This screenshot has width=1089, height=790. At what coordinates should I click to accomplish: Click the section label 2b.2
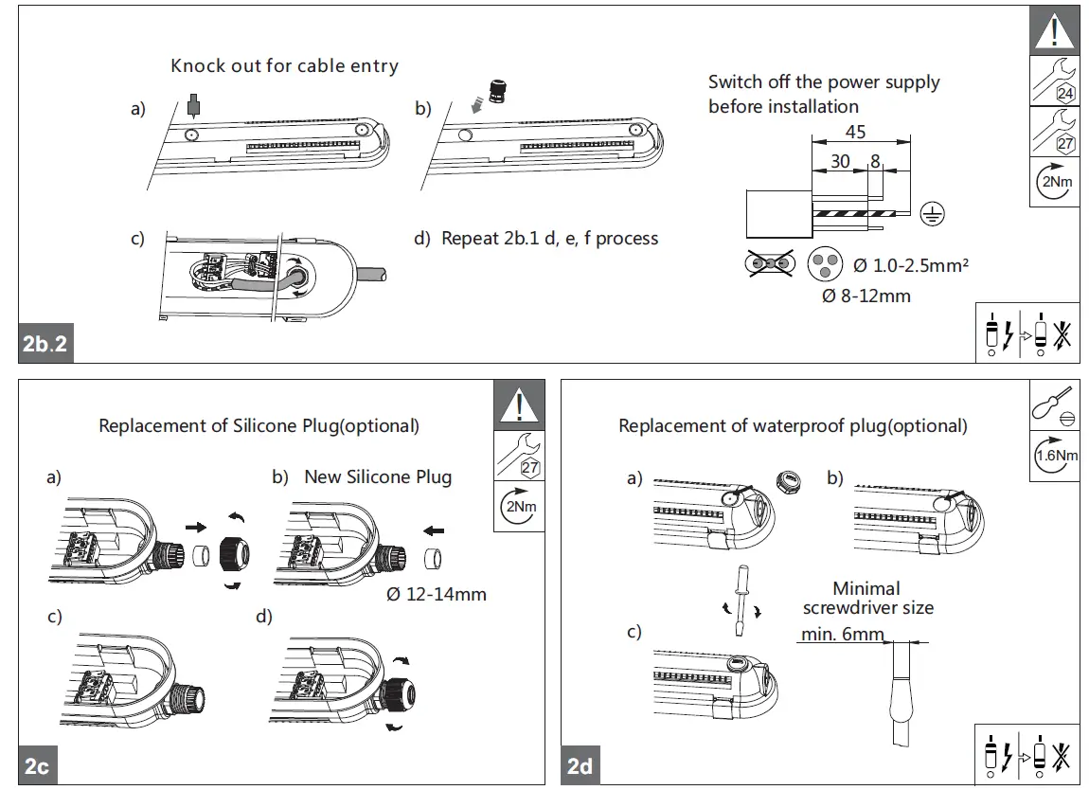(x=45, y=346)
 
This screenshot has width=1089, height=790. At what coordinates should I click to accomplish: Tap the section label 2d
(x=580, y=765)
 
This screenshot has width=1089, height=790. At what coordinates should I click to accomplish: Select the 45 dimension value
(x=855, y=133)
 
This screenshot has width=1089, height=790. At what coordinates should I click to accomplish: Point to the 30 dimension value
(x=840, y=161)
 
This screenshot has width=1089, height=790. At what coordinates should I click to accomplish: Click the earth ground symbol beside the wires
(x=934, y=213)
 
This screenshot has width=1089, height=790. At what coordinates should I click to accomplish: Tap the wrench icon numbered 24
(x=1053, y=81)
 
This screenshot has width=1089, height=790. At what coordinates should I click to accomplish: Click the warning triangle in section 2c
(x=520, y=404)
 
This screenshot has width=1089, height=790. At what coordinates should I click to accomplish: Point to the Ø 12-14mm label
(x=437, y=595)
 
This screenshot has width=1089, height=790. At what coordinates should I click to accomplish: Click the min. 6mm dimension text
(x=841, y=634)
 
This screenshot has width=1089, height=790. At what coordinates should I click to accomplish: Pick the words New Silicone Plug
(x=378, y=476)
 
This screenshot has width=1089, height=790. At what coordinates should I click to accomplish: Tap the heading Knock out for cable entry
(x=284, y=66)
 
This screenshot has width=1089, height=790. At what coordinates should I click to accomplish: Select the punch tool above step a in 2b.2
(x=194, y=103)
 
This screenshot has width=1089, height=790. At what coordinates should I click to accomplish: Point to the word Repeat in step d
(x=469, y=238)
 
